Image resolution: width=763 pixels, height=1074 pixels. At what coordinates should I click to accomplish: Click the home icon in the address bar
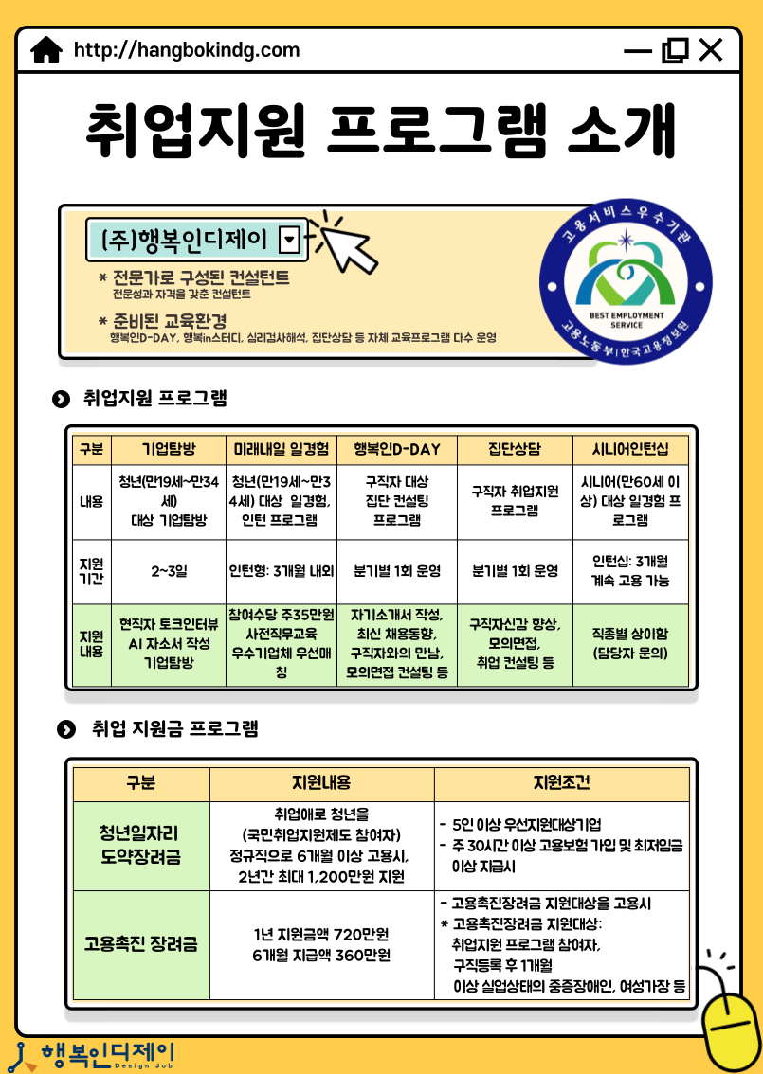click(x=46, y=50)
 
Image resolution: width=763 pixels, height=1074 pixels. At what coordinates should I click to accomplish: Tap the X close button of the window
click(x=710, y=50)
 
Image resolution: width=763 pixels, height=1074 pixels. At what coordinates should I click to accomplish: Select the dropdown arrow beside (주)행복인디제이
click(x=291, y=240)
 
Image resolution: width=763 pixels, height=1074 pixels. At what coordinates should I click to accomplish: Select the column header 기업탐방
click(x=168, y=448)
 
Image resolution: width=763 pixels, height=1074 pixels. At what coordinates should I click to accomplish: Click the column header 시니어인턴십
click(x=629, y=448)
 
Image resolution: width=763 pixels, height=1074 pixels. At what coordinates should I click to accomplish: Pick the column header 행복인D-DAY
click(x=397, y=448)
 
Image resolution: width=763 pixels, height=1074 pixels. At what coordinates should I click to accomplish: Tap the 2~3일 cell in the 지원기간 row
click(x=168, y=571)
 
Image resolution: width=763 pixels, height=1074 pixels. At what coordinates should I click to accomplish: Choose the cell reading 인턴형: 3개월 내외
click(x=282, y=571)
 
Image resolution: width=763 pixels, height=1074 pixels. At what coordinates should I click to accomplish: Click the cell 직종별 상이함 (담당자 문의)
click(x=629, y=644)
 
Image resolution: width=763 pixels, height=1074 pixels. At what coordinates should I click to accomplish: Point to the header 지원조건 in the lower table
click(x=561, y=783)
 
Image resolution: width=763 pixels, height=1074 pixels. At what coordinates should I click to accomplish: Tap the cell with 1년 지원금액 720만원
click(x=321, y=943)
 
